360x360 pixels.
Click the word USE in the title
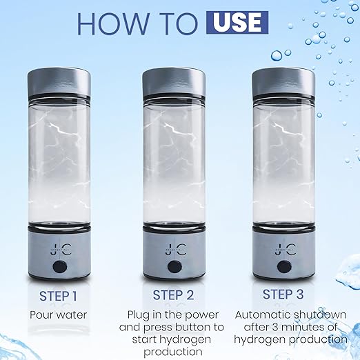tap(236, 22)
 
